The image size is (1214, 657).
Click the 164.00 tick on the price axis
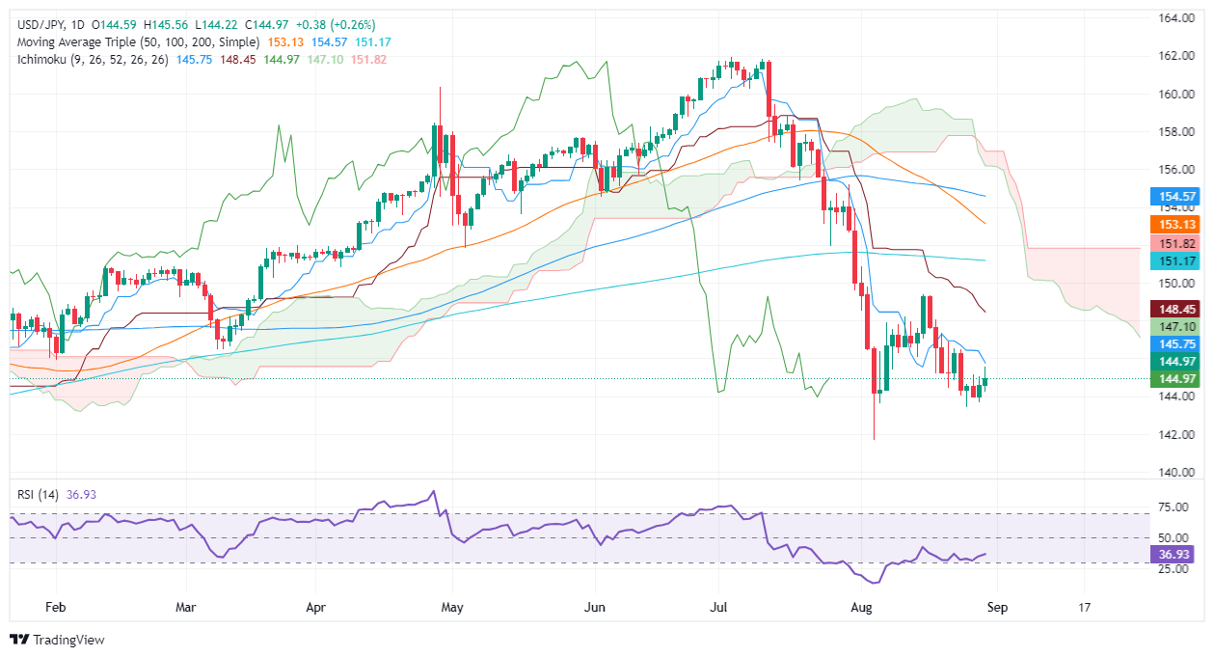(1172, 18)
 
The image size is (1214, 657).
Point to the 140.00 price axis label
(1172, 473)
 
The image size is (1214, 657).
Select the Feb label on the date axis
(56, 608)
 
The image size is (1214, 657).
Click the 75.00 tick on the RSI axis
(1171, 506)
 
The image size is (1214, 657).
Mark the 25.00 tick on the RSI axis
(1171, 569)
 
